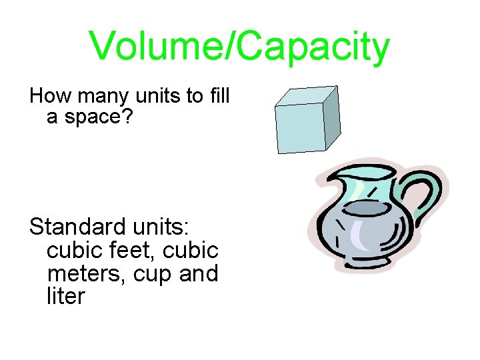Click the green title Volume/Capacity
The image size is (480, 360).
(239, 47)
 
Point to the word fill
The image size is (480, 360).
(218, 96)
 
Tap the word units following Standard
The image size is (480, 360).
(160, 227)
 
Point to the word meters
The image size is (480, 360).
(80, 273)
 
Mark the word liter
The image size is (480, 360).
(66, 295)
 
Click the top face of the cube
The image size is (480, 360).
(307, 97)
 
